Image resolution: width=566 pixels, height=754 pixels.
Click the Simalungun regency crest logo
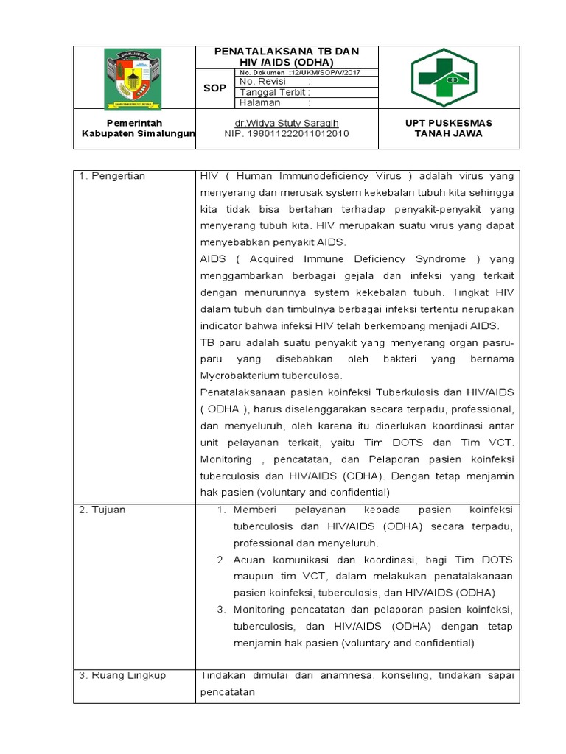click(x=134, y=77)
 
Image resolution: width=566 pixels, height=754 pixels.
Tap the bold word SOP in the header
click(x=214, y=88)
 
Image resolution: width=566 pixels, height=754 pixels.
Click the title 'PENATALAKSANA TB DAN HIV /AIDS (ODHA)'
click(x=286, y=57)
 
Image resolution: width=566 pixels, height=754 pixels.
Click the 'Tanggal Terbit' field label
click(x=273, y=93)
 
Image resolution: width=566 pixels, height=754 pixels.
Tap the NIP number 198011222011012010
click(x=286, y=134)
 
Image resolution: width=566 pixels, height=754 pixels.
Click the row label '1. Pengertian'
click(x=112, y=176)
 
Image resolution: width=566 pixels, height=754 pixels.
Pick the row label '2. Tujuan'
click(x=104, y=510)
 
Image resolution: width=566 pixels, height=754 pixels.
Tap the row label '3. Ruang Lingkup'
click(x=122, y=675)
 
